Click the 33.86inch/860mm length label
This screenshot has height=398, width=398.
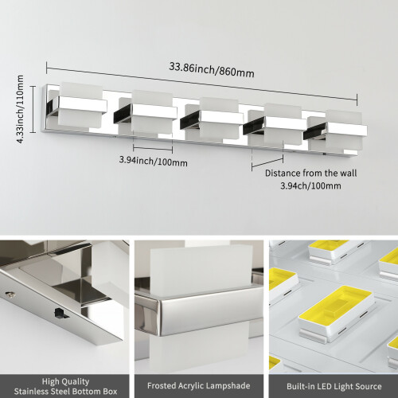(212, 70)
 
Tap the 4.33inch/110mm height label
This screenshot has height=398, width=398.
(20, 109)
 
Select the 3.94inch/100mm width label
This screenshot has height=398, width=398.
(153, 161)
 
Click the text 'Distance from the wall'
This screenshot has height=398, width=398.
(310, 173)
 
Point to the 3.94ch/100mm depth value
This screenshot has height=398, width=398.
(310, 185)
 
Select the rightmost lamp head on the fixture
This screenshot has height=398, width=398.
(336, 132)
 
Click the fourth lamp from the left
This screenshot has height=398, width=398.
(275, 125)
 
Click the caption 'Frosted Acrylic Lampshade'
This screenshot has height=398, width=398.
(199, 385)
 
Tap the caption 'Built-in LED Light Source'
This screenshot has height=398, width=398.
(334, 386)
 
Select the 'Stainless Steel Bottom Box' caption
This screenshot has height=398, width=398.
(65, 391)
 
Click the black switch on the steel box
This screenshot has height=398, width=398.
(60, 313)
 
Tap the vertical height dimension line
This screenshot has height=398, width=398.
(33, 109)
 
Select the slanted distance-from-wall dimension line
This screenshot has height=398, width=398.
(267, 162)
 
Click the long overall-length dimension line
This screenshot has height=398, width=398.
(202, 84)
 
